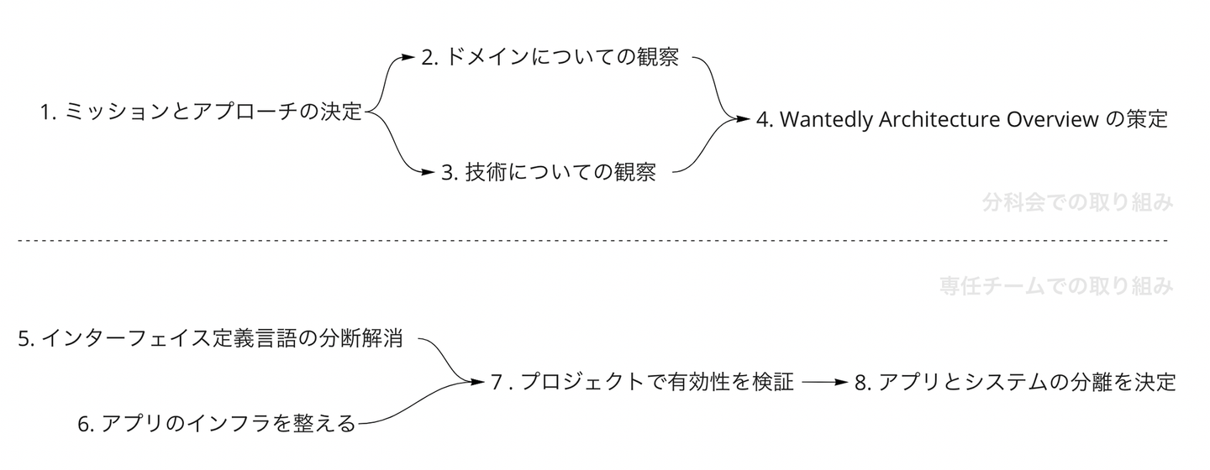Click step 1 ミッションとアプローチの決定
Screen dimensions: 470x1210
[200, 112]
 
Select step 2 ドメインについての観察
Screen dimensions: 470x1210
[550, 59]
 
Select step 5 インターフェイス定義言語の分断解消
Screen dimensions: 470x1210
[211, 340]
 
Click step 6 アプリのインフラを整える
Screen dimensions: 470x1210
[217, 425]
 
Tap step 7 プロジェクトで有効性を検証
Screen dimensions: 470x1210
[643, 383]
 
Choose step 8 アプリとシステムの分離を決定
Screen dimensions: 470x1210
[1014, 383]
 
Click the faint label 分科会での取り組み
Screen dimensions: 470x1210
[1076, 203]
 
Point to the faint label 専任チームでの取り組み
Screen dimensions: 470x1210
[1055, 287]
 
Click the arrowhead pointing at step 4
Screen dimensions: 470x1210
[741, 119]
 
